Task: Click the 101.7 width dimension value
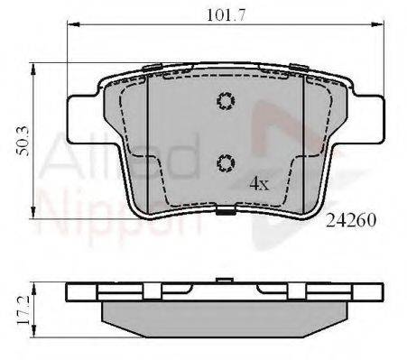(x=227, y=15)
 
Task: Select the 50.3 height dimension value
(x=23, y=142)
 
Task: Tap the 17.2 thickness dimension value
(x=23, y=309)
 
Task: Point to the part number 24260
(x=351, y=220)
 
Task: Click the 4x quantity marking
(x=259, y=184)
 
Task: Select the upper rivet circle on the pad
(x=226, y=101)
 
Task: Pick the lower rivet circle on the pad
(x=226, y=163)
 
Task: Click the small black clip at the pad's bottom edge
(x=226, y=210)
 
